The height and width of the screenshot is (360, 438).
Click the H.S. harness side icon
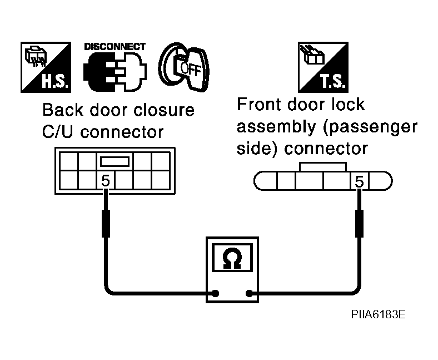(x=46, y=67)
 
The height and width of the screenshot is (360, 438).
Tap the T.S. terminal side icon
(x=323, y=67)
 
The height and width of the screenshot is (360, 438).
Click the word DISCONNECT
(x=115, y=46)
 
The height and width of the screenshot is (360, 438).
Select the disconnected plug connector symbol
(x=115, y=72)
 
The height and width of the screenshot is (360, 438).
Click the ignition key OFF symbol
(x=184, y=67)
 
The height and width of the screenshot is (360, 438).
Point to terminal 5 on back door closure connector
(x=105, y=180)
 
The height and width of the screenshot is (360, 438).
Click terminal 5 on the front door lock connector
(x=360, y=181)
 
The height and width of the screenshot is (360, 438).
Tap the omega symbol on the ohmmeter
(x=232, y=258)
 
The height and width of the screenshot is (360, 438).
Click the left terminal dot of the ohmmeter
(x=215, y=293)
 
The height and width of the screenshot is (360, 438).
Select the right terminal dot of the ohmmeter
(x=249, y=293)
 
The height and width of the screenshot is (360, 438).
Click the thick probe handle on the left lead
(x=106, y=224)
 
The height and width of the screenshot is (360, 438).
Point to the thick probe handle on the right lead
(x=360, y=224)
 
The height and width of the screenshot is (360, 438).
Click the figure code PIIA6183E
(x=378, y=314)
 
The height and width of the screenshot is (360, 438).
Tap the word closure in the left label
(x=163, y=110)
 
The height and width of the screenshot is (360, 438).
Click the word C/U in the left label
(x=57, y=132)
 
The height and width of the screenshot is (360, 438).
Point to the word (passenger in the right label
(x=370, y=127)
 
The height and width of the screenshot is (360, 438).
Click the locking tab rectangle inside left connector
(x=115, y=161)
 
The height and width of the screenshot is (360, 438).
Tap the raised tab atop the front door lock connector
(x=323, y=167)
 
